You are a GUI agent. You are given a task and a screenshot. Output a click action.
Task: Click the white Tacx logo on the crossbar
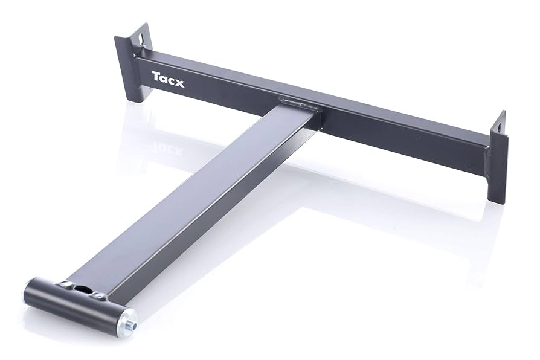tap(168, 79)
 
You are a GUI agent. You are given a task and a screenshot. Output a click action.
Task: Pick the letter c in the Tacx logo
tap(172, 80)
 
